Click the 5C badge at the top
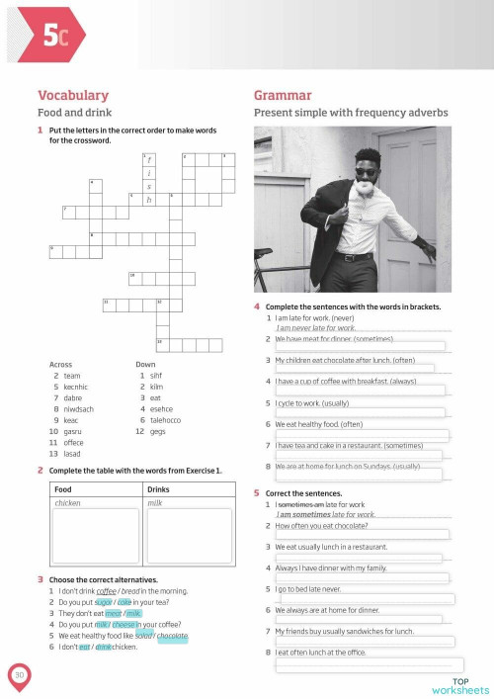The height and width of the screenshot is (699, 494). [x=55, y=36]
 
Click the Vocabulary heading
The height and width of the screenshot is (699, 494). [x=72, y=95]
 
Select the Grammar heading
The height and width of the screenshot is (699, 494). [x=283, y=95]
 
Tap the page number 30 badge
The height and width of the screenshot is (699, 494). [x=19, y=674]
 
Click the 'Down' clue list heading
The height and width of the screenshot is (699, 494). [x=145, y=365]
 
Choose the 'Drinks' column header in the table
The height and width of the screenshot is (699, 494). [x=159, y=489]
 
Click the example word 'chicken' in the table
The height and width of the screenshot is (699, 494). [x=68, y=503]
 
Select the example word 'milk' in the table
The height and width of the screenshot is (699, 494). [x=155, y=503]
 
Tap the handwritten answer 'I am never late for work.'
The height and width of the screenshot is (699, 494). [x=317, y=327]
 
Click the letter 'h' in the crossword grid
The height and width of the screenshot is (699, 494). [x=149, y=200]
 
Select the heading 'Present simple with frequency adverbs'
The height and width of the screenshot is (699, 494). [x=351, y=113]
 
